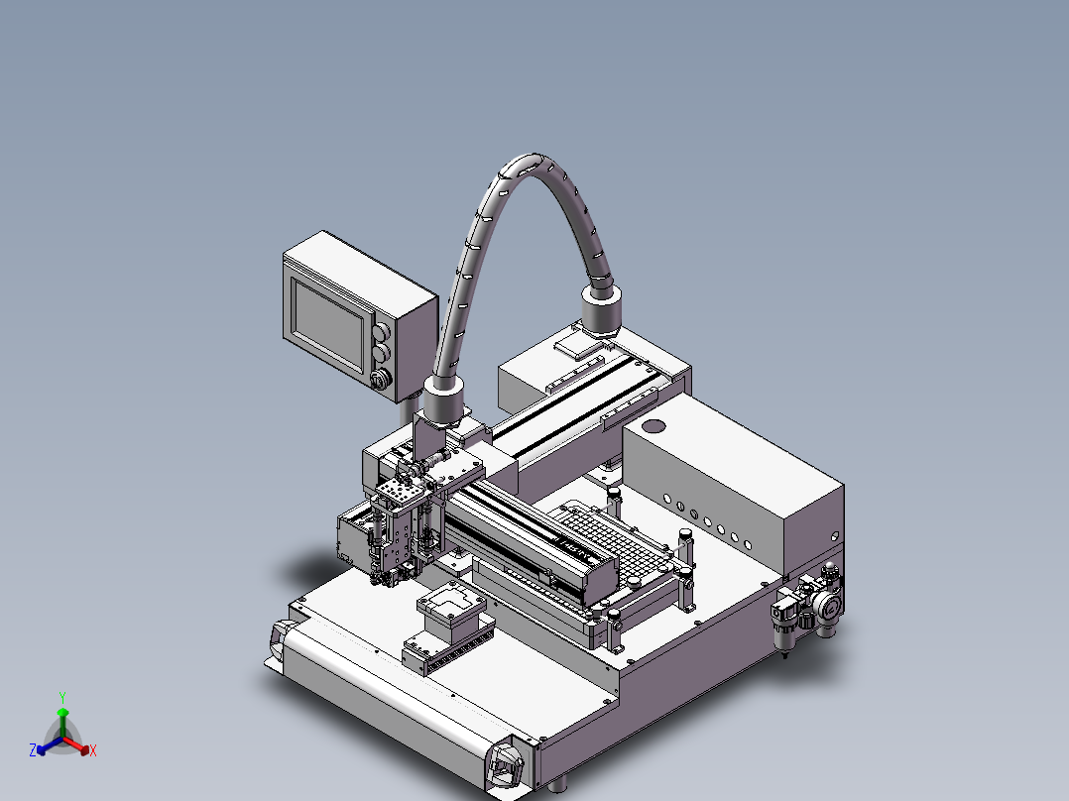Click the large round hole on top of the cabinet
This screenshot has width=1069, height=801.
653,426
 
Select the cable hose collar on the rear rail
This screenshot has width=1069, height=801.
601,308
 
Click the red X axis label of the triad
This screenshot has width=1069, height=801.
92,751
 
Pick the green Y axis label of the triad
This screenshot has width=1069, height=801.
62,697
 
